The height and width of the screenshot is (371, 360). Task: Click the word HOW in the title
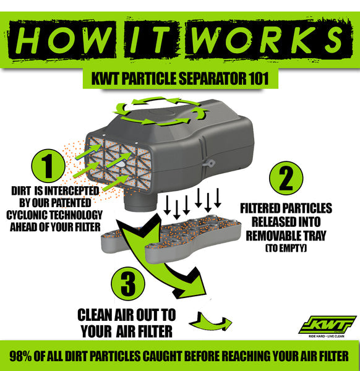coord(62,40)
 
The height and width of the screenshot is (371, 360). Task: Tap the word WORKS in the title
coord(267,40)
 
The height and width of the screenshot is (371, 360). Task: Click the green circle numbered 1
coord(48,166)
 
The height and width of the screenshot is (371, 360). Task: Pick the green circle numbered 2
coord(286,178)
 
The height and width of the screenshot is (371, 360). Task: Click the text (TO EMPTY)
coord(286,248)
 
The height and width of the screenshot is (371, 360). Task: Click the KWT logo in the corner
coord(327,325)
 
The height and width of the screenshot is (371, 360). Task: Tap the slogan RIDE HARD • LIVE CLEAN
coord(327,336)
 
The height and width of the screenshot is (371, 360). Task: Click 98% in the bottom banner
coord(20,356)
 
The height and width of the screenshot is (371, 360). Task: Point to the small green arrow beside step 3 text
coord(210,322)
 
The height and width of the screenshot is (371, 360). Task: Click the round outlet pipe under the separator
coord(140,201)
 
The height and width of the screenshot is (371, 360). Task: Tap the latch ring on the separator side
coord(209,163)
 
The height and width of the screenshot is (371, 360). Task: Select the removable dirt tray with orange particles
coord(171,238)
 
